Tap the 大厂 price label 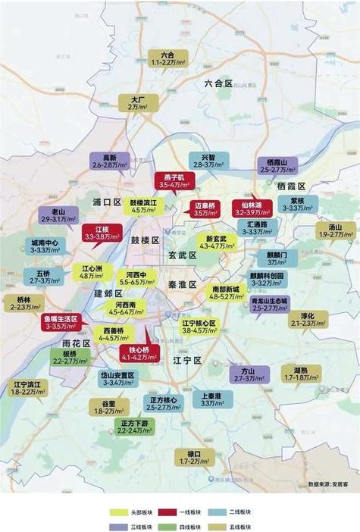pyautogui.click(x=137, y=103)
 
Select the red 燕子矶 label pyautogui.click(x=175, y=180)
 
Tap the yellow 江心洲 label pyautogui.click(x=92, y=272)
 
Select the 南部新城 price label pyautogui.click(x=225, y=293)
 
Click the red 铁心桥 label pyautogui.click(x=137, y=353)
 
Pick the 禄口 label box pyautogui.click(x=189, y=457)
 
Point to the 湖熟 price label pyautogui.click(x=301, y=374)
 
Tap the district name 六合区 pyautogui.click(x=218, y=83)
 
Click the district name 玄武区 pyautogui.click(x=182, y=256)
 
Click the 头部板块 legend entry pyautogui.click(x=136, y=512)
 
